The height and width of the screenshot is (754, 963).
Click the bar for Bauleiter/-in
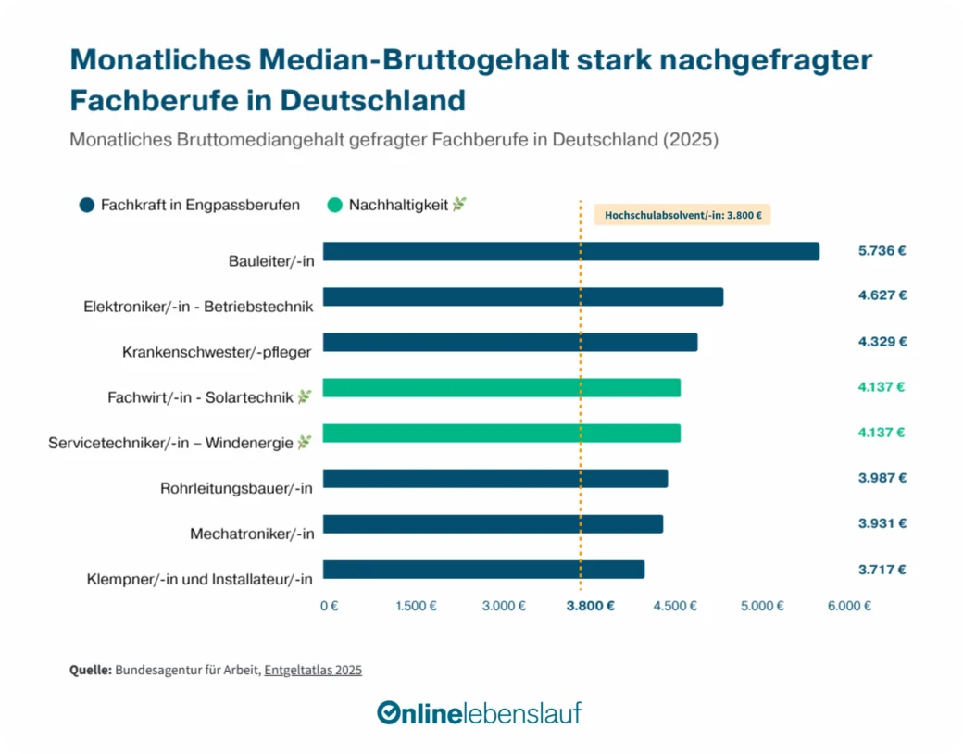tap(570, 251)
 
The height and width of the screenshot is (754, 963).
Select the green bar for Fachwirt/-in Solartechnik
tap(501, 387)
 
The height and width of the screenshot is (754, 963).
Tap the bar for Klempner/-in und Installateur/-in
tap(483, 569)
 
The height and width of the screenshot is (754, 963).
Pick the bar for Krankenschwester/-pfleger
tap(509, 342)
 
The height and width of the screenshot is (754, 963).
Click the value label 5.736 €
tap(882, 250)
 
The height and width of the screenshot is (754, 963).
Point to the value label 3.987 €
tap(882, 478)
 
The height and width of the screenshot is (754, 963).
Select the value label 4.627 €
tap(882, 295)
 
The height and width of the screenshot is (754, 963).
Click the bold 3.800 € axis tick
tap(591, 606)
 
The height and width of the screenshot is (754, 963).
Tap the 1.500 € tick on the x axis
tap(416, 606)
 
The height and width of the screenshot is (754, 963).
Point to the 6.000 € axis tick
tap(848, 606)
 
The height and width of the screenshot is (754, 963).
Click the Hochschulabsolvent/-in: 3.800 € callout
tap(682, 215)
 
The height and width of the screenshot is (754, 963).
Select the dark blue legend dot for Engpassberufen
tap(87, 206)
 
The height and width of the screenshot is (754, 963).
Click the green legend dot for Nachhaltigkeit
tap(334, 206)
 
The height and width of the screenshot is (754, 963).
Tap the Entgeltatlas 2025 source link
tap(313, 670)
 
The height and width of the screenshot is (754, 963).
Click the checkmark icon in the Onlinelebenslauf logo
tap(388, 712)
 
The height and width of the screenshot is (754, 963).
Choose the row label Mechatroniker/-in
tap(252, 534)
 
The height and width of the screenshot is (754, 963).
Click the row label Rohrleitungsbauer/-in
tap(237, 488)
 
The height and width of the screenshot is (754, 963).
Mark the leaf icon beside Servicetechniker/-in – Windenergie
tap(304, 443)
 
